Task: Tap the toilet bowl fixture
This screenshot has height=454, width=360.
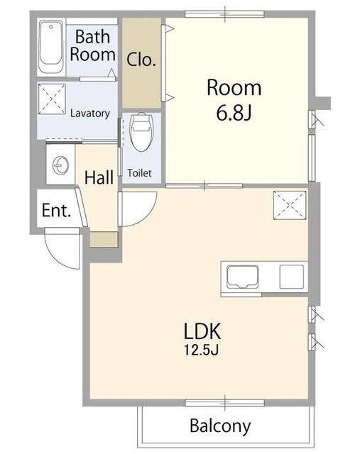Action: click(142, 132)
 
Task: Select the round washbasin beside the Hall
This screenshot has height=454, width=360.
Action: click(61, 165)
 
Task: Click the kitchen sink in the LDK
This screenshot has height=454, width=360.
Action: click(243, 277)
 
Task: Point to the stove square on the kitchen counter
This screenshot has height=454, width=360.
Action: click(292, 277)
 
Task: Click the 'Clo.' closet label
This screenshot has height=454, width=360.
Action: click(141, 60)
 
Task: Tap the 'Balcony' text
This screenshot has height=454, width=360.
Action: click(220, 426)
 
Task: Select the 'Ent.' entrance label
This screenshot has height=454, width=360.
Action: click(56, 211)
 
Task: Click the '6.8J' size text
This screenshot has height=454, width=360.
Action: click(234, 113)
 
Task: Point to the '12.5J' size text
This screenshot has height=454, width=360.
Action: click(202, 350)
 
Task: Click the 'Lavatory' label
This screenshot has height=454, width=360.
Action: click(90, 113)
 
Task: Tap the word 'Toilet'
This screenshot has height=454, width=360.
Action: click(139, 173)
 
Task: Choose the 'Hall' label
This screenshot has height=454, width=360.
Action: click(99, 177)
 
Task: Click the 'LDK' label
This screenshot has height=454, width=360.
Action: click(202, 331)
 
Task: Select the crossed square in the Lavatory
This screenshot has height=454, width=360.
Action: click(52, 99)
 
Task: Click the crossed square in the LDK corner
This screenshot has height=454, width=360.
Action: click(290, 205)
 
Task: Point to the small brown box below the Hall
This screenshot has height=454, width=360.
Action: click(104, 240)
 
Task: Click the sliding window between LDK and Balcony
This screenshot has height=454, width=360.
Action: click(224, 403)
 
